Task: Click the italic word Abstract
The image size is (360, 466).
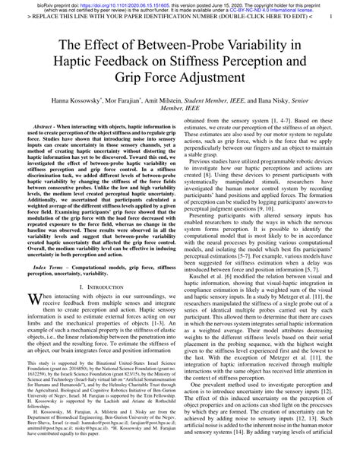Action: [x=46, y=130]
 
